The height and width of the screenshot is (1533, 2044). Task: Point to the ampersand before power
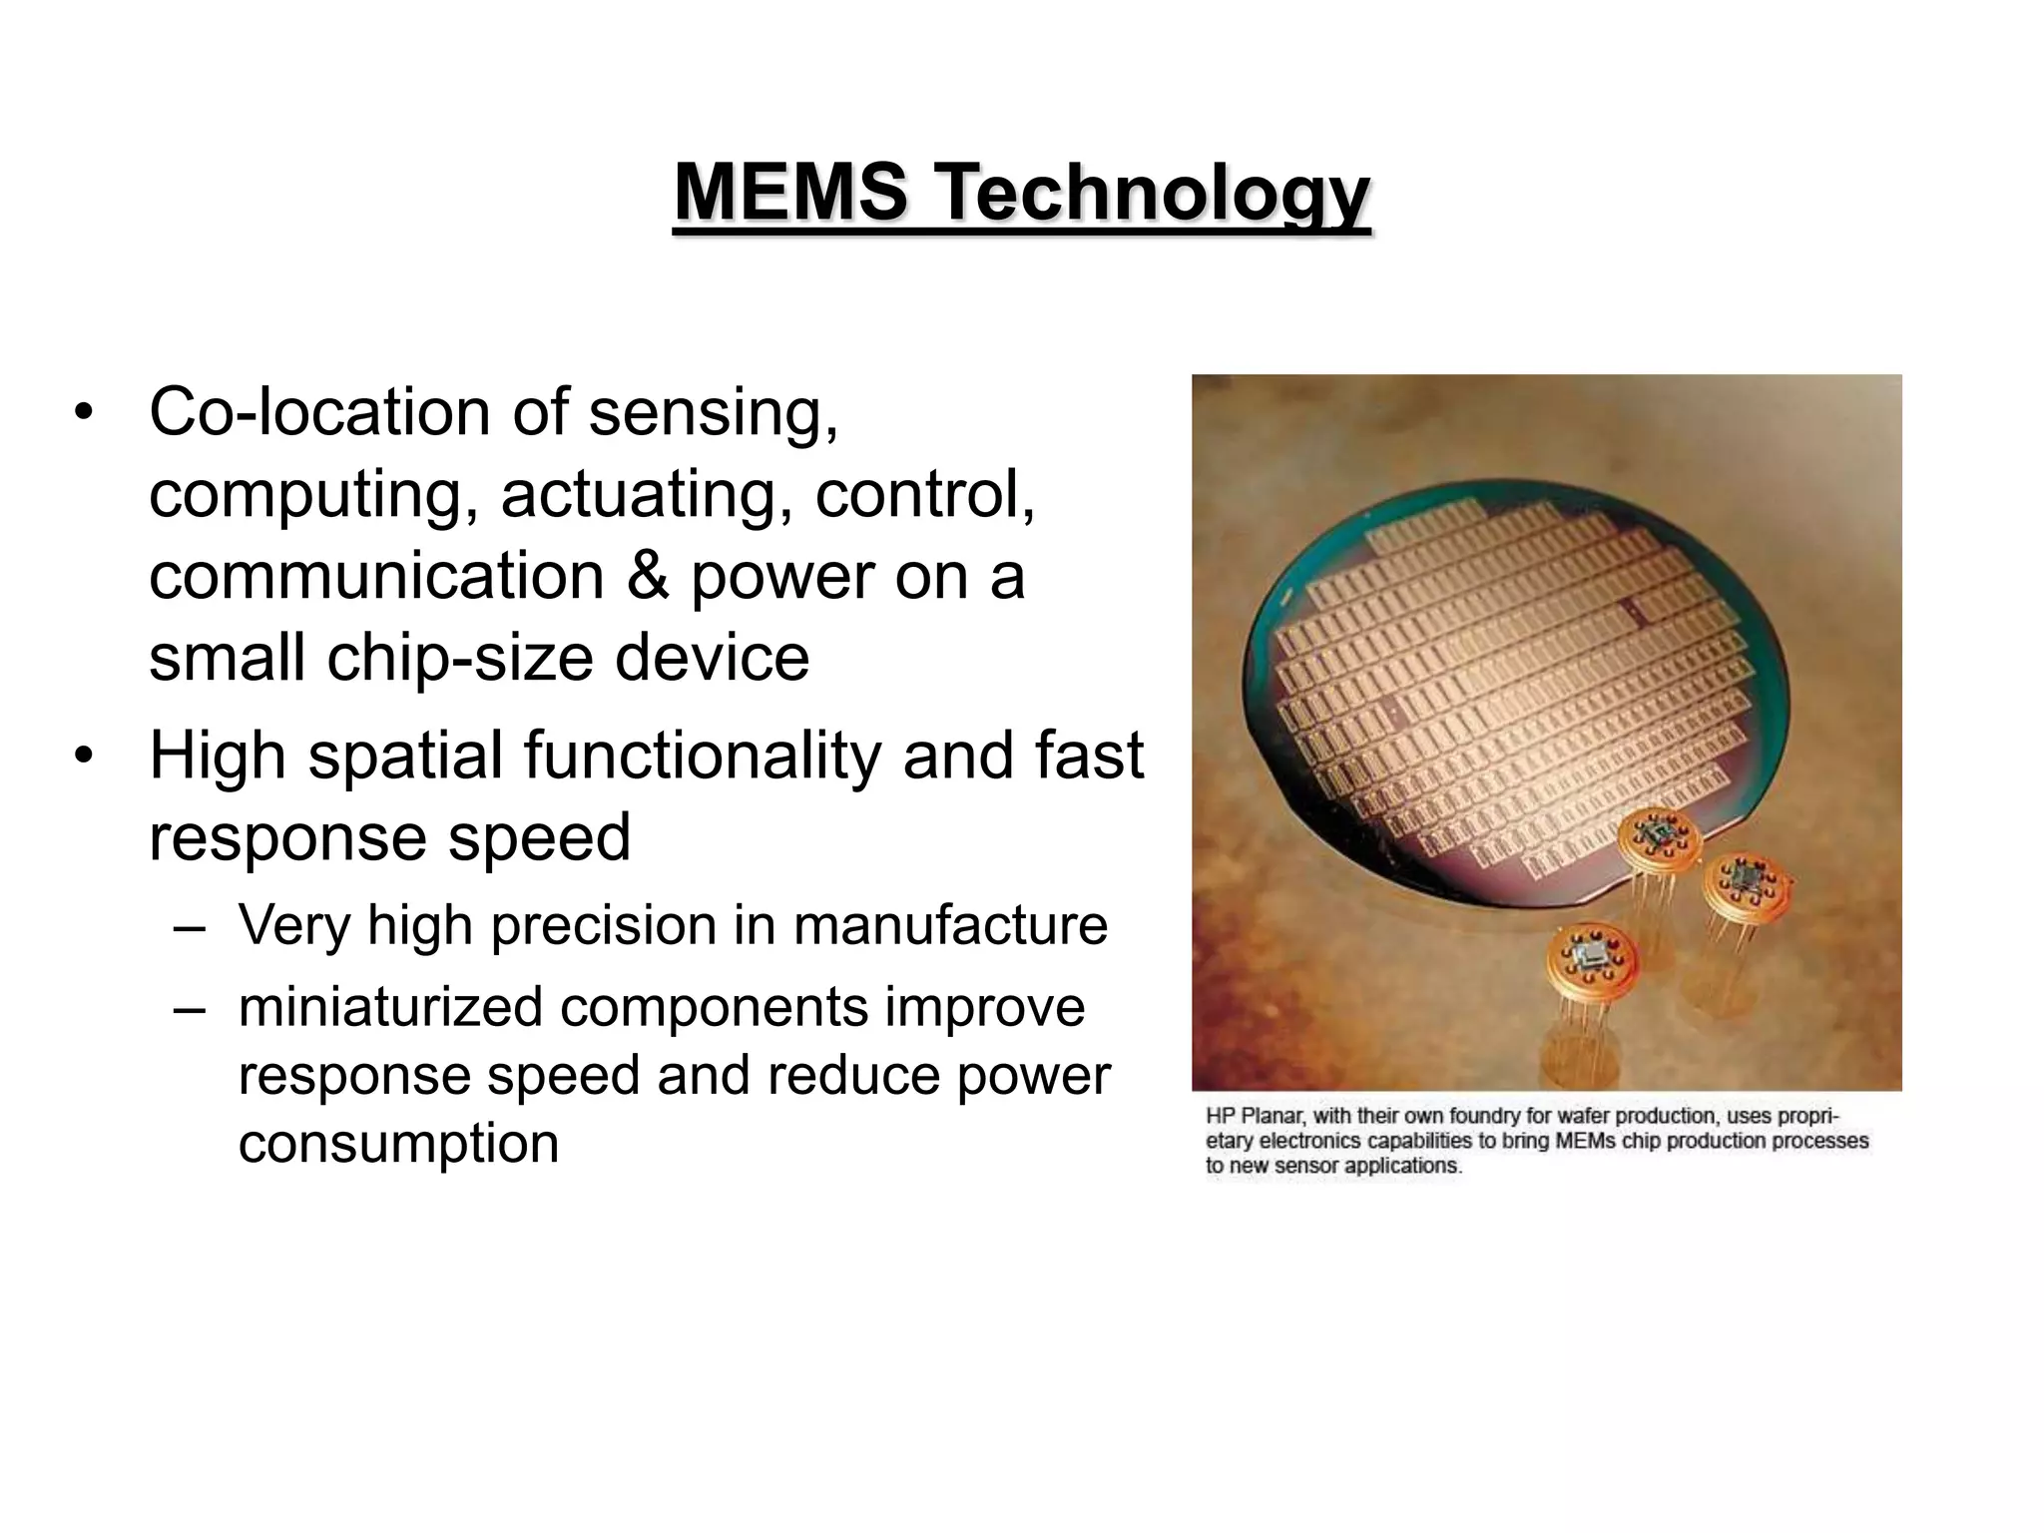(x=649, y=577)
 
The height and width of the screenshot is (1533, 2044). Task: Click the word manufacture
(x=950, y=925)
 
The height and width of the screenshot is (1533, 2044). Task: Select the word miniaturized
(x=390, y=1006)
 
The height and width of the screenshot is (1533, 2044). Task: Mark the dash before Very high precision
(x=190, y=926)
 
